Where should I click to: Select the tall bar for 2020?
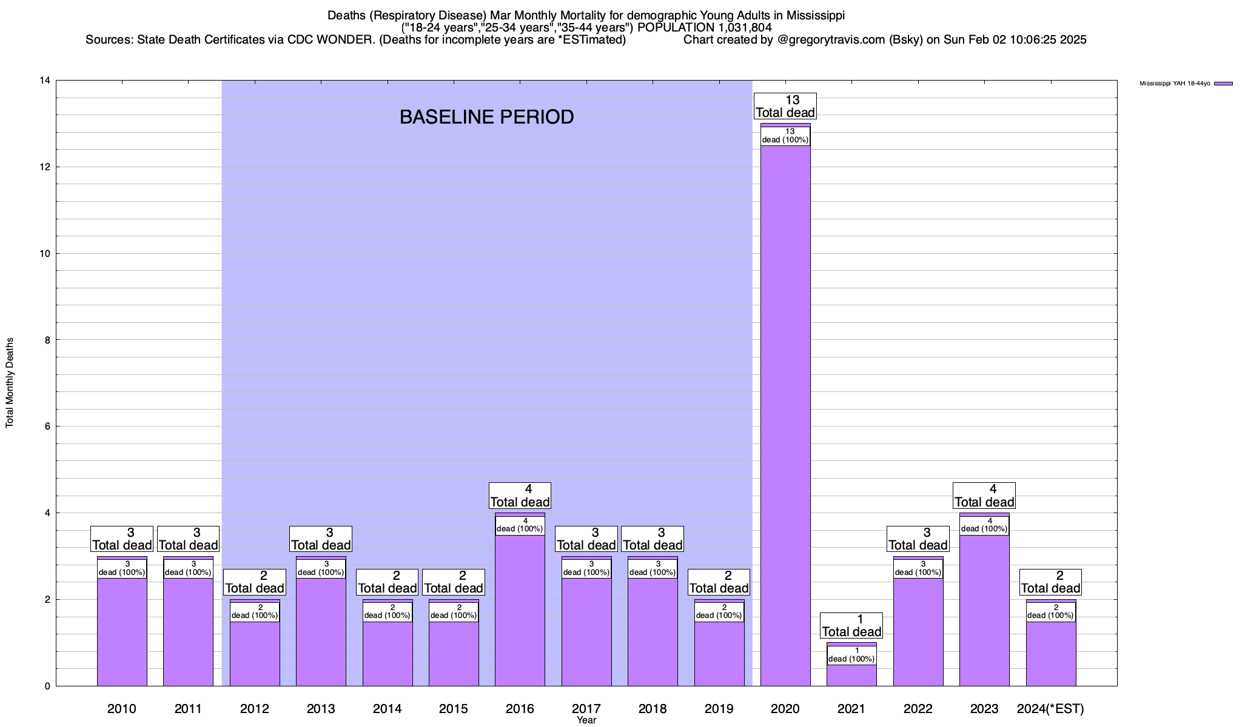tap(785, 412)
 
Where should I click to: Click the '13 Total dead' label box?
tap(785, 106)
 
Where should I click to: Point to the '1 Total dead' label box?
tap(851, 626)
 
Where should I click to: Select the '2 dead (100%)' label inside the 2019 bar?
tap(719, 612)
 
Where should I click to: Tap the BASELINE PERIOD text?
tap(486, 117)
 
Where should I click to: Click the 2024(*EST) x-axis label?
tap(1050, 709)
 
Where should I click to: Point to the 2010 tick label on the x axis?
tap(122, 709)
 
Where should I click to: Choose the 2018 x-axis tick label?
tap(653, 709)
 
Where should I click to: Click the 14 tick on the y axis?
tap(45, 81)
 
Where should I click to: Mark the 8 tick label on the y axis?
tap(47, 340)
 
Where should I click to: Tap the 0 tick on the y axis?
tap(47, 686)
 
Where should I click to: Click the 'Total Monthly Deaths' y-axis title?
tap(10, 383)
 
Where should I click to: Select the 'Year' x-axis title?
tap(586, 720)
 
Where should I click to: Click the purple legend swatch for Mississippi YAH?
tap(1223, 84)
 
